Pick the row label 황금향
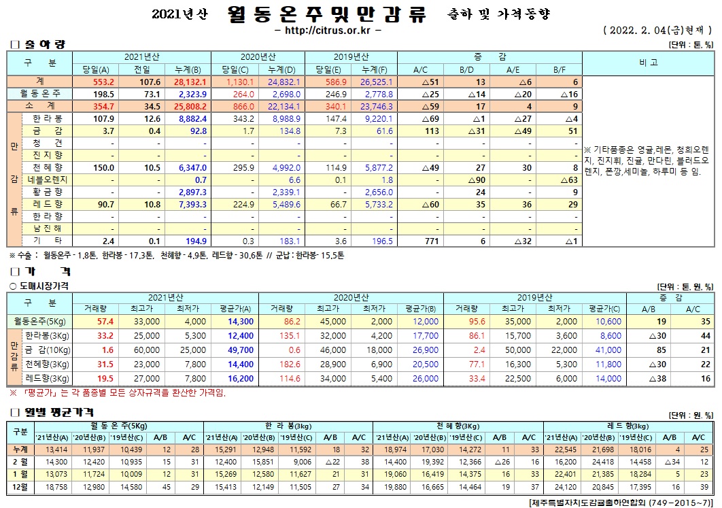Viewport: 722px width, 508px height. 48,192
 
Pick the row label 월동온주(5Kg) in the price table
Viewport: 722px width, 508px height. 39,321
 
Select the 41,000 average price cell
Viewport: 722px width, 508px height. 610,350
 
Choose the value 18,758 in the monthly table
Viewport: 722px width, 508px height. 55,487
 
